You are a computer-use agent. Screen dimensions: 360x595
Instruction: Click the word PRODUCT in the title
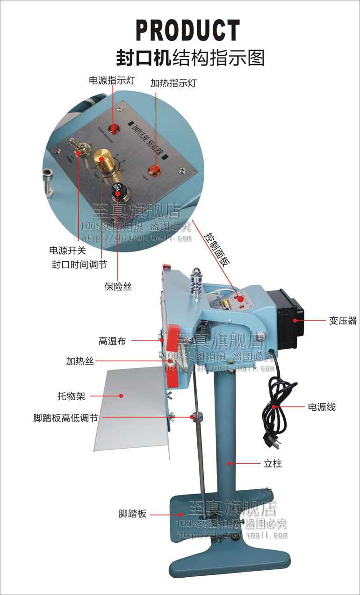187,31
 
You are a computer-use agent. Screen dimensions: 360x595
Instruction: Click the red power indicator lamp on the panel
114,127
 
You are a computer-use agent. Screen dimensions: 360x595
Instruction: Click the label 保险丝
118,287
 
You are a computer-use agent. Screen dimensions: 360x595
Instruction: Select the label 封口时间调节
79,265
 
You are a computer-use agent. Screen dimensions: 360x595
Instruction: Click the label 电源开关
67,251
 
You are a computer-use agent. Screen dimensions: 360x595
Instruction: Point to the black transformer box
288,319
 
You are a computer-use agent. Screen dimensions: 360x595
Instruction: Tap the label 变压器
342,321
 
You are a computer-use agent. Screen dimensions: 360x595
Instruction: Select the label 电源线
322,407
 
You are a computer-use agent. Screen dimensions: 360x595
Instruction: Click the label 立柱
272,464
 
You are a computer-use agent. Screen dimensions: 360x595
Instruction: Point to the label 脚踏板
132,514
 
